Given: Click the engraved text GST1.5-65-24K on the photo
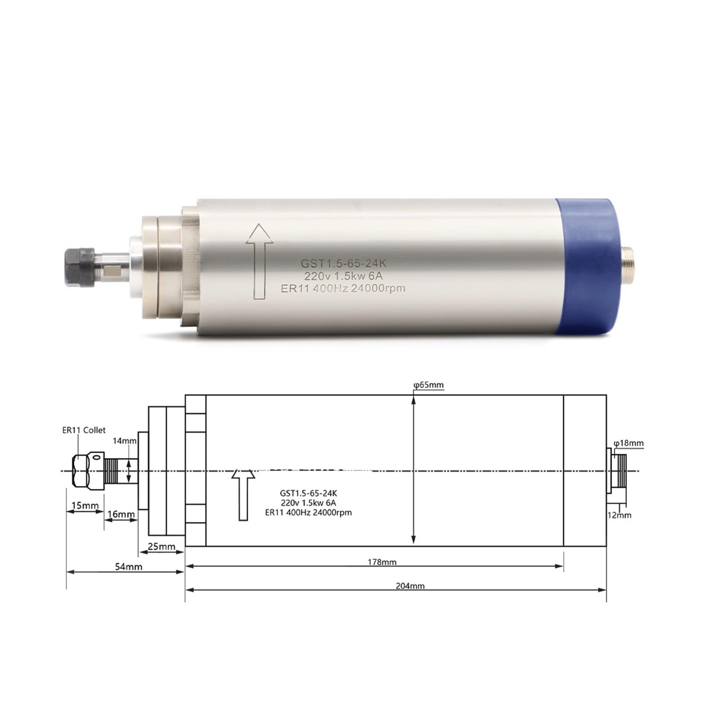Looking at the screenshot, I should (x=343, y=263).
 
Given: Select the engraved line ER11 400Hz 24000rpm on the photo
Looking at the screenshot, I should (x=343, y=288).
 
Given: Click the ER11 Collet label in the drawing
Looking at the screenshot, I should (x=84, y=430).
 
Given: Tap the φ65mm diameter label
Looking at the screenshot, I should (x=428, y=385).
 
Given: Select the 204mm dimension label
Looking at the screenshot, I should (x=410, y=586).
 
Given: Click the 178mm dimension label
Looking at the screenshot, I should (x=382, y=562).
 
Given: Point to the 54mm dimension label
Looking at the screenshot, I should (x=128, y=567).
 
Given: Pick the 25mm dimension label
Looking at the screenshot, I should (x=161, y=546).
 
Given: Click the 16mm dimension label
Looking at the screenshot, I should (x=121, y=514).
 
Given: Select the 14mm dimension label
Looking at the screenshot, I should (x=125, y=440).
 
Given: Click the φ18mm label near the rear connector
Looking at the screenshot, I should (x=628, y=443).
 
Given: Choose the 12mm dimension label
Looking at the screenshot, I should (x=619, y=515).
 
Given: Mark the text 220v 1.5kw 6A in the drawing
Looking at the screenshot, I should (x=308, y=502).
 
